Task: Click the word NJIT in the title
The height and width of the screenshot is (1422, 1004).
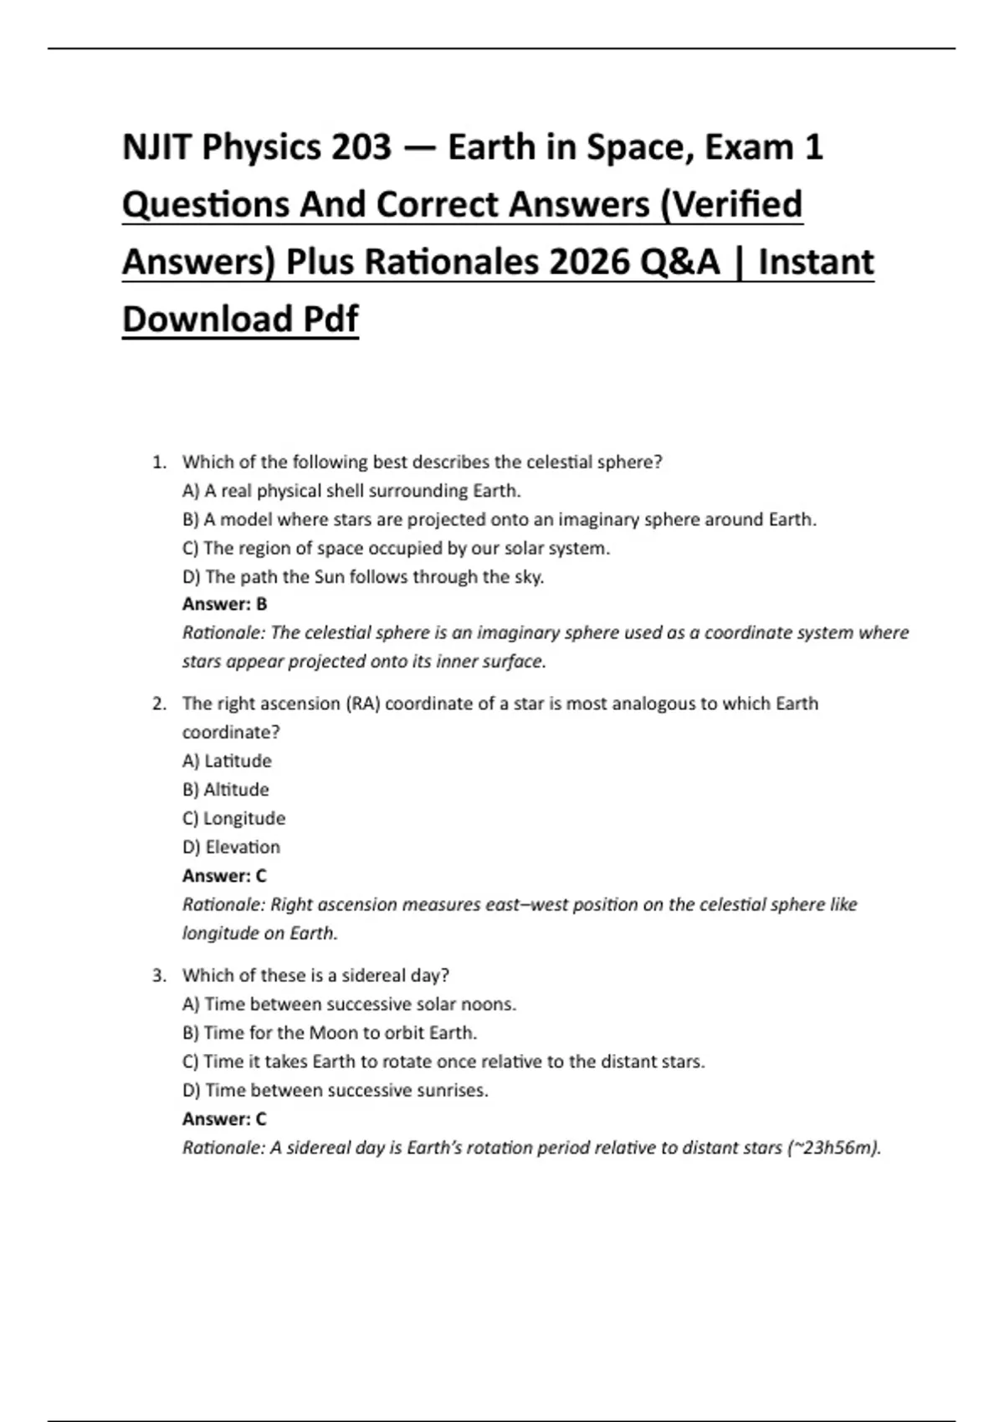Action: point(156,148)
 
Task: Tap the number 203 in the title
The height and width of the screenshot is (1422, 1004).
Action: point(361,148)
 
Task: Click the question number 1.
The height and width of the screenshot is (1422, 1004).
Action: point(158,462)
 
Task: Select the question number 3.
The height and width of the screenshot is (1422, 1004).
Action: point(158,975)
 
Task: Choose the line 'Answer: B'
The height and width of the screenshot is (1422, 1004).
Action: point(224,604)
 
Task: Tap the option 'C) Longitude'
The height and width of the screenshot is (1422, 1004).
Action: point(233,818)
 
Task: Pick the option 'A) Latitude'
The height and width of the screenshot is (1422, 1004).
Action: point(227,761)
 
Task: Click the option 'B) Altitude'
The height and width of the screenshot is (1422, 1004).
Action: point(225,790)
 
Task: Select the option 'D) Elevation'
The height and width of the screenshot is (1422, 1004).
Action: point(231,847)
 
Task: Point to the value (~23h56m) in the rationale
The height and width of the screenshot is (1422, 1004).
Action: point(833,1148)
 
